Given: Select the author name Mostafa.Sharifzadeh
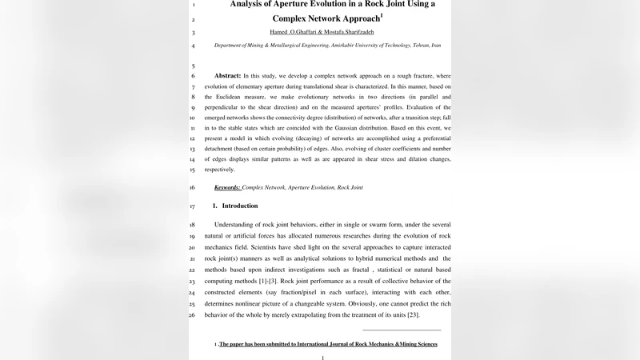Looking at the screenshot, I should pyautogui.click(x=344, y=32).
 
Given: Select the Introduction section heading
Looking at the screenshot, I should pyautogui.click(x=240, y=206).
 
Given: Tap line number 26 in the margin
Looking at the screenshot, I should pyautogui.click(x=192, y=315).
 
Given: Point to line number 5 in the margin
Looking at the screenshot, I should pyautogui.click(x=194, y=66).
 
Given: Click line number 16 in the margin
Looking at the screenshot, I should pyautogui.click(x=192, y=187).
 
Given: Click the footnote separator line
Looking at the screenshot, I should pyautogui.click(x=402, y=330).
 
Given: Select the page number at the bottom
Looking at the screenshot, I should pyautogui.click(x=322, y=358).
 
